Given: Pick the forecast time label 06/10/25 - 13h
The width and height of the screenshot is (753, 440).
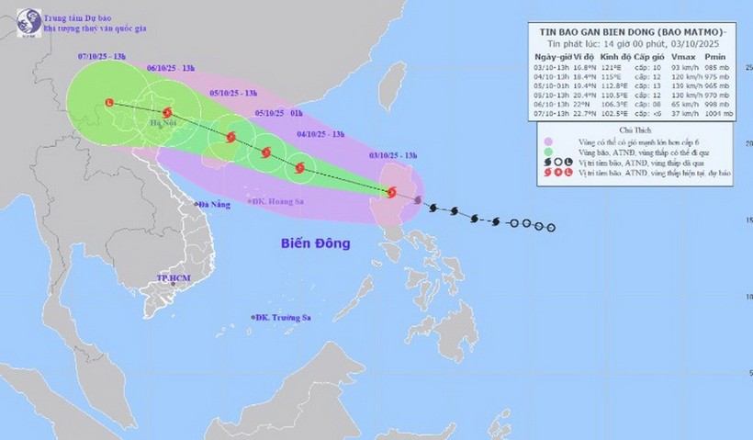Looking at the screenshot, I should [171, 68].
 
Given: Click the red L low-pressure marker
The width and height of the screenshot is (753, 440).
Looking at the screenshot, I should [110, 103].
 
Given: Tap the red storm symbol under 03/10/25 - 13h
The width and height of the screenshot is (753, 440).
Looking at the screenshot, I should [392, 193].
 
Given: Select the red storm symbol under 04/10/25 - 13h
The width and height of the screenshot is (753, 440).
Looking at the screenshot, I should [300, 167].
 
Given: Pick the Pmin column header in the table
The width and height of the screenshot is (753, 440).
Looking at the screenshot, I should [716, 57].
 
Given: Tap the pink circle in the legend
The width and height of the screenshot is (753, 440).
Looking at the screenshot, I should [549, 141].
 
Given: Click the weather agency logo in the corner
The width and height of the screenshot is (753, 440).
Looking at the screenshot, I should [27, 20].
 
